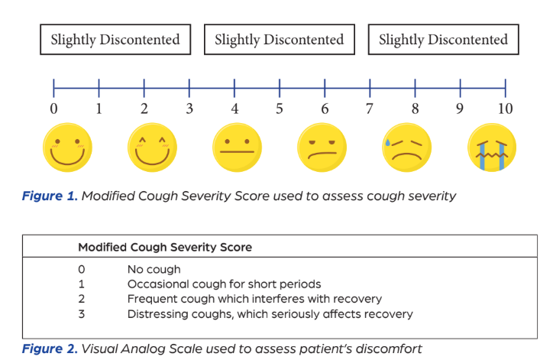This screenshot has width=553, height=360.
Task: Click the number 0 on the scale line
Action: point(53,109)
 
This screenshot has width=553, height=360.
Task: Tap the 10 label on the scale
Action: point(505,109)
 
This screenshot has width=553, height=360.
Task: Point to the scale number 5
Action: point(280,109)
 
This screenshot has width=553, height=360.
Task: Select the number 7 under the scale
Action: point(369,109)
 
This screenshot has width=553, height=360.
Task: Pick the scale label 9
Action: point(460,109)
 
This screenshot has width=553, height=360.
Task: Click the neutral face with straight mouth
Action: point(237,148)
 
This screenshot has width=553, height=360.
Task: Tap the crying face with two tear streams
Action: point(492,148)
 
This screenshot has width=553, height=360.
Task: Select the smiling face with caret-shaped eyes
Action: point(152,148)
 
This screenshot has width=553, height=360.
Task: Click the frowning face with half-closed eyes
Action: point(322,148)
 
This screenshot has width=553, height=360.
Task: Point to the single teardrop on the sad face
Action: point(387,142)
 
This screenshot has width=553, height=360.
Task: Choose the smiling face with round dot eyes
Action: point(67,148)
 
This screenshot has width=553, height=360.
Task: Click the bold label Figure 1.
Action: point(50,196)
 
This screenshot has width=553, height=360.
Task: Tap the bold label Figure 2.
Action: point(50,349)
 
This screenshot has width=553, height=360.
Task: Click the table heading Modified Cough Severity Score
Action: point(165,247)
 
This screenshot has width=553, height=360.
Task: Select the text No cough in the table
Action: point(154,270)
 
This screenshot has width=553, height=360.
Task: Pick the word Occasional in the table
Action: point(153,284)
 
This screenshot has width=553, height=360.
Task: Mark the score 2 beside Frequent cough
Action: point(82,299)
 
